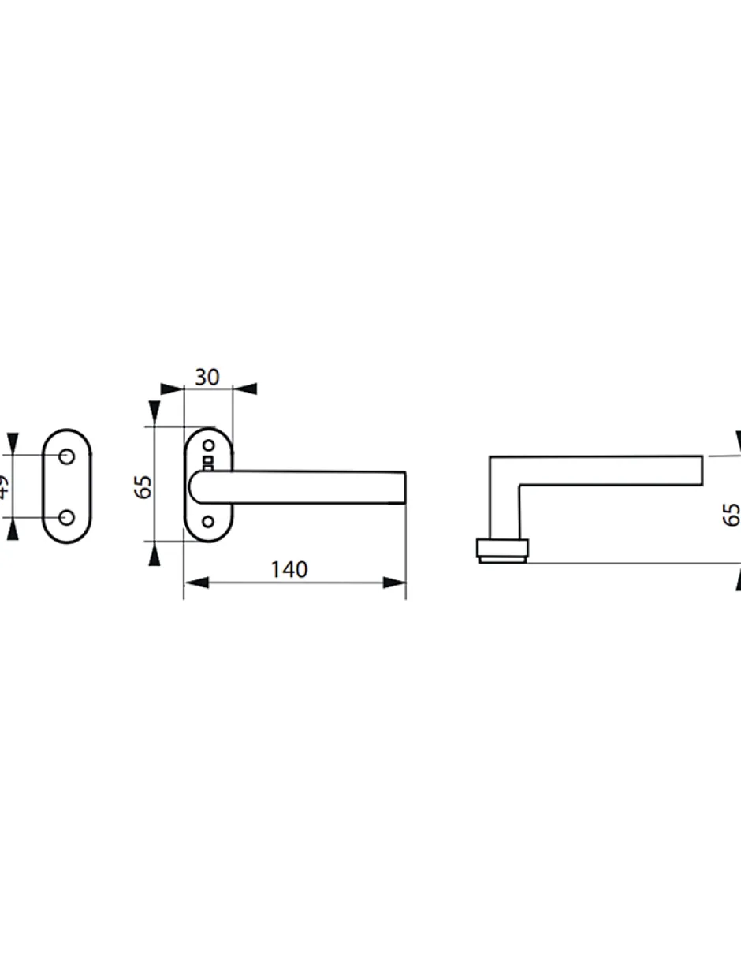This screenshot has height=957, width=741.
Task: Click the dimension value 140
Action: click(x=289, y=569)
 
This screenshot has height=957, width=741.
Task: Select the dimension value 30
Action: click(x=207, y=378)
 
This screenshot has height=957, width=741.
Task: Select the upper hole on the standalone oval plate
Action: click(x=67, y=456)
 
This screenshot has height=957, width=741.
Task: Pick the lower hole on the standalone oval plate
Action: click(x=67, y=517)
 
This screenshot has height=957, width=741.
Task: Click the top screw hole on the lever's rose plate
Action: click(x=209, y=445)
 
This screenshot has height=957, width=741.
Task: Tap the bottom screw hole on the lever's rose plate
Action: click(x=208, y=522)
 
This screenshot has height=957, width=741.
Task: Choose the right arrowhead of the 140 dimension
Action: click(x=394, y=583)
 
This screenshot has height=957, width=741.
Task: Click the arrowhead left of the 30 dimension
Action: click(x=171, y=389)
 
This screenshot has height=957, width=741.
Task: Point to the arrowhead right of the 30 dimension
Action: click(x=245, y=389)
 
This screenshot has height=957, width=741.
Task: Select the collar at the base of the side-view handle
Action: click(x=502, y=549)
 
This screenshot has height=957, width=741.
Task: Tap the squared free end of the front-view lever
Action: click(x=399, y=487)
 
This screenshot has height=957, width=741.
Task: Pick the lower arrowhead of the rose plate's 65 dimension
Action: click(x=155, y=554)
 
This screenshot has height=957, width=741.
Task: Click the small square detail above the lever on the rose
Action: click(x=208, y=460)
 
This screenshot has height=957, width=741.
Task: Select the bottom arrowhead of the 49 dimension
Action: click(x=12, y=530)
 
